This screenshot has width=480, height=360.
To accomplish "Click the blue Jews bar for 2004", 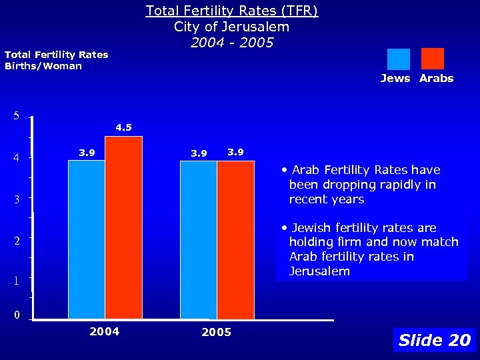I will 86,240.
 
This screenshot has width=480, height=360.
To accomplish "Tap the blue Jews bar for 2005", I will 198,240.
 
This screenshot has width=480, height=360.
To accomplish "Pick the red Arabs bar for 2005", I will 235,240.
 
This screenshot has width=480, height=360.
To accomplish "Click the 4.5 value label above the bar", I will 123,127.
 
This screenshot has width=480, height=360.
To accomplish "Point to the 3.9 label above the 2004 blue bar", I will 87,153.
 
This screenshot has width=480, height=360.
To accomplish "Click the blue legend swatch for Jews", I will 399,59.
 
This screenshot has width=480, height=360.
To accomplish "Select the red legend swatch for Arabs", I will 432,59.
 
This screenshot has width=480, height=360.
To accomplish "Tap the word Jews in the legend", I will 395,79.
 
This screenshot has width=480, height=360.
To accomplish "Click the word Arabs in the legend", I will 437,79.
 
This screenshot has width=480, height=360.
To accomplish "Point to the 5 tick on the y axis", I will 16,116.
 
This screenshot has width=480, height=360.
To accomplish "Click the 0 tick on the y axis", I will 16,315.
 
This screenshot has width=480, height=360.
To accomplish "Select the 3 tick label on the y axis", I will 16,199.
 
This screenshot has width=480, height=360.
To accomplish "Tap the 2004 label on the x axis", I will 105,331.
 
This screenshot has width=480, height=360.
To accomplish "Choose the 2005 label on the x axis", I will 216,332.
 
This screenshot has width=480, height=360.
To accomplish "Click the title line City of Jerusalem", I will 231,27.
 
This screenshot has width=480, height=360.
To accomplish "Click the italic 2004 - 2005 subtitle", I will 231,43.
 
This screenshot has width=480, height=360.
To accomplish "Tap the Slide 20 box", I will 434,340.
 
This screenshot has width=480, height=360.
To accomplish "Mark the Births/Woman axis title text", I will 43,66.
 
